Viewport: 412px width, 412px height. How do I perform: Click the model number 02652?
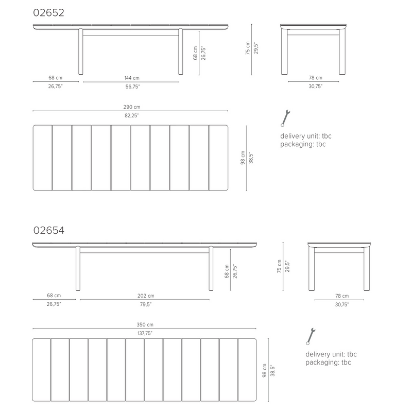coord(48,12)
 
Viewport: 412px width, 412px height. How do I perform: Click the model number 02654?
coord(48,230)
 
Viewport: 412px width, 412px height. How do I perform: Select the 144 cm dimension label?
coord(132,78)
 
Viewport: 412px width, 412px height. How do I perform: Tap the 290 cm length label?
coord(132,107)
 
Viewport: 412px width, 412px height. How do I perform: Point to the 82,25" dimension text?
coord(132,115)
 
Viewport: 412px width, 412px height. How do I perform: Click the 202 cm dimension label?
coord(146,296)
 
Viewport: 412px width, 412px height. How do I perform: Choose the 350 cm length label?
coord(145,325)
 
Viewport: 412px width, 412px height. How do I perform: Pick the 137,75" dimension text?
coord(145,333)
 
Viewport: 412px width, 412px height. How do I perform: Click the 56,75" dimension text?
coord(132,87)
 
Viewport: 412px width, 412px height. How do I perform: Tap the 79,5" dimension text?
coord(146,304)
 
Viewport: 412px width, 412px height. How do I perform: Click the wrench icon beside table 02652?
coord(285,118)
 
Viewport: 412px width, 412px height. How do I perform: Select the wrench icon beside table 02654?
coord(311,336)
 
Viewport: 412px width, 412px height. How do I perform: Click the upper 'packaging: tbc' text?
coord(303,144)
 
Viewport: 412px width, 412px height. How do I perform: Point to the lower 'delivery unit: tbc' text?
coord(331,354)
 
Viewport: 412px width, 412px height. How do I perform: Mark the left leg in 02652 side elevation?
coord(81,51)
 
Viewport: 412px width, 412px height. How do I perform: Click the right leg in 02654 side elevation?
coord(211,268)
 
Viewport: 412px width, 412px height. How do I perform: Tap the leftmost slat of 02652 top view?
coord(43,158)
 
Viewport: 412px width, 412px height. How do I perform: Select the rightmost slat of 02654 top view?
coord(247,370)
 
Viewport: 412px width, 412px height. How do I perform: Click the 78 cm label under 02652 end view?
coord(315,78)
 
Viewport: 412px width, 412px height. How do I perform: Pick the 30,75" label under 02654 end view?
coord(342,304)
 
